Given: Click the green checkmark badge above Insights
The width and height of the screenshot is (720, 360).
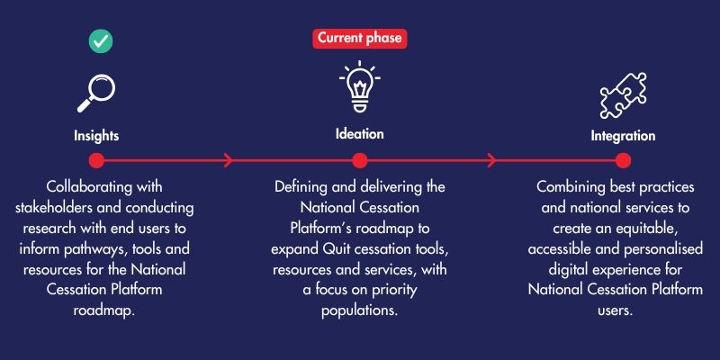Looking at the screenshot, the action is tap(101, 40).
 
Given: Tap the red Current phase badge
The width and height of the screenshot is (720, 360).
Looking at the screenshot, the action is tap(360, 38).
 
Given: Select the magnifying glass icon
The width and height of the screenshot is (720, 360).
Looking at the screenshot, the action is tap(96, 94).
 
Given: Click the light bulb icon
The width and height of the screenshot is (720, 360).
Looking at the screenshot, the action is tap(360, 85).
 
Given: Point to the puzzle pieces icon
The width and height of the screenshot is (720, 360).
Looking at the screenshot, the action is tap(623, 95).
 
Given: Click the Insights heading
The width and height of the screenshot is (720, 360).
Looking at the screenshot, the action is tap(96, 136).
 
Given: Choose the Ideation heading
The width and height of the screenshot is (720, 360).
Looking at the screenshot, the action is tap(359, 134).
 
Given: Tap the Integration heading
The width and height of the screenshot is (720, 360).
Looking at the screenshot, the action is tap(623, 137).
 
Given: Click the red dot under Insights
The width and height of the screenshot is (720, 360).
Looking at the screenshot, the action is tap(96, 161).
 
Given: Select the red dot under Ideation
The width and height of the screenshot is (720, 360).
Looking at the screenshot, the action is tap(360, 161).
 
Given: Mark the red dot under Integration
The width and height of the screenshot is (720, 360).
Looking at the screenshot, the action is tap(623, 161).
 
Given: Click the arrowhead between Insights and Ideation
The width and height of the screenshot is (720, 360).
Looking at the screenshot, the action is tap(229, 161).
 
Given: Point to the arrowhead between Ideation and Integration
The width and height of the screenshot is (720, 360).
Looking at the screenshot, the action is tap(491, 161).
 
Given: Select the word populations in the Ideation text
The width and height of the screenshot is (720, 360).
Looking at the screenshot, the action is tap(359, 310).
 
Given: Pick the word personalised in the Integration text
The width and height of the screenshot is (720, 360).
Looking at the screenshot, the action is tap(664, 249).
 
